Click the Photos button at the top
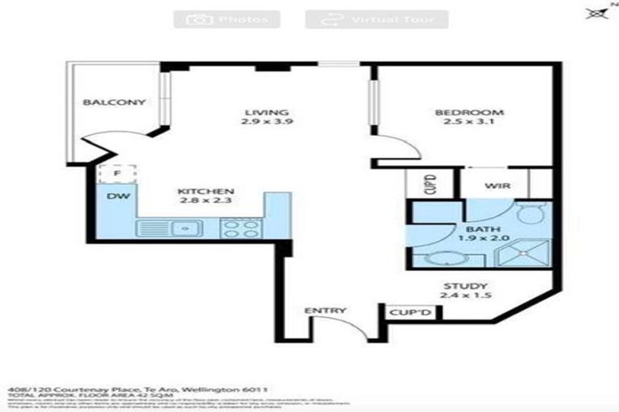pos(226,19)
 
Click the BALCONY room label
pos(114,102)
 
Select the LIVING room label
pos(267,112)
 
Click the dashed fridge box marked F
pos(116,172)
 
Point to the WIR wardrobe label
pos(495,185)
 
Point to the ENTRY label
pos(325,311)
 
